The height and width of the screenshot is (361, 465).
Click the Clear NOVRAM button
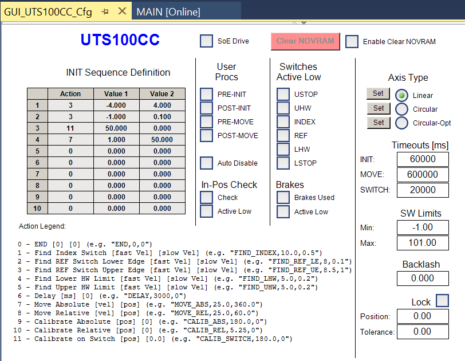click(x=305, y=41)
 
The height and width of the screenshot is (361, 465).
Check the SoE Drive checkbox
click(x=206, y=41)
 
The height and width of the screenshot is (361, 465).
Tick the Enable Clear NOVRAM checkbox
click(x=352, y=41)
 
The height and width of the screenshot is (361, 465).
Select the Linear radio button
click(x=402, y=96)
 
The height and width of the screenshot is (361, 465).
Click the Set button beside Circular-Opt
click(x=379, y=123)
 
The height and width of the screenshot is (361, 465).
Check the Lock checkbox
click(x=442, y=300)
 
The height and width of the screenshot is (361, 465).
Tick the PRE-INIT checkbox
click(x=206, y=94)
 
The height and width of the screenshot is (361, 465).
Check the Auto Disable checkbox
click(x=206, y=163)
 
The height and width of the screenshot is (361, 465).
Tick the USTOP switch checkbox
click(x=283, y=94)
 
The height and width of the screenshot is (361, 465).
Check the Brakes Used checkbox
click(x=283, y=198)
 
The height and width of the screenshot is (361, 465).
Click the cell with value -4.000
click(x=116, y=105)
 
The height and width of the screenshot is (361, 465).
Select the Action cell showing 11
click(x=70, y=128)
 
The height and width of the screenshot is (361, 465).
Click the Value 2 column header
click(x=162, y=94)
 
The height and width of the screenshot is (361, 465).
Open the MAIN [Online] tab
click(x=168, y=11)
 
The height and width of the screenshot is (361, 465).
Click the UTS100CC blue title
click(x=120, y=40)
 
